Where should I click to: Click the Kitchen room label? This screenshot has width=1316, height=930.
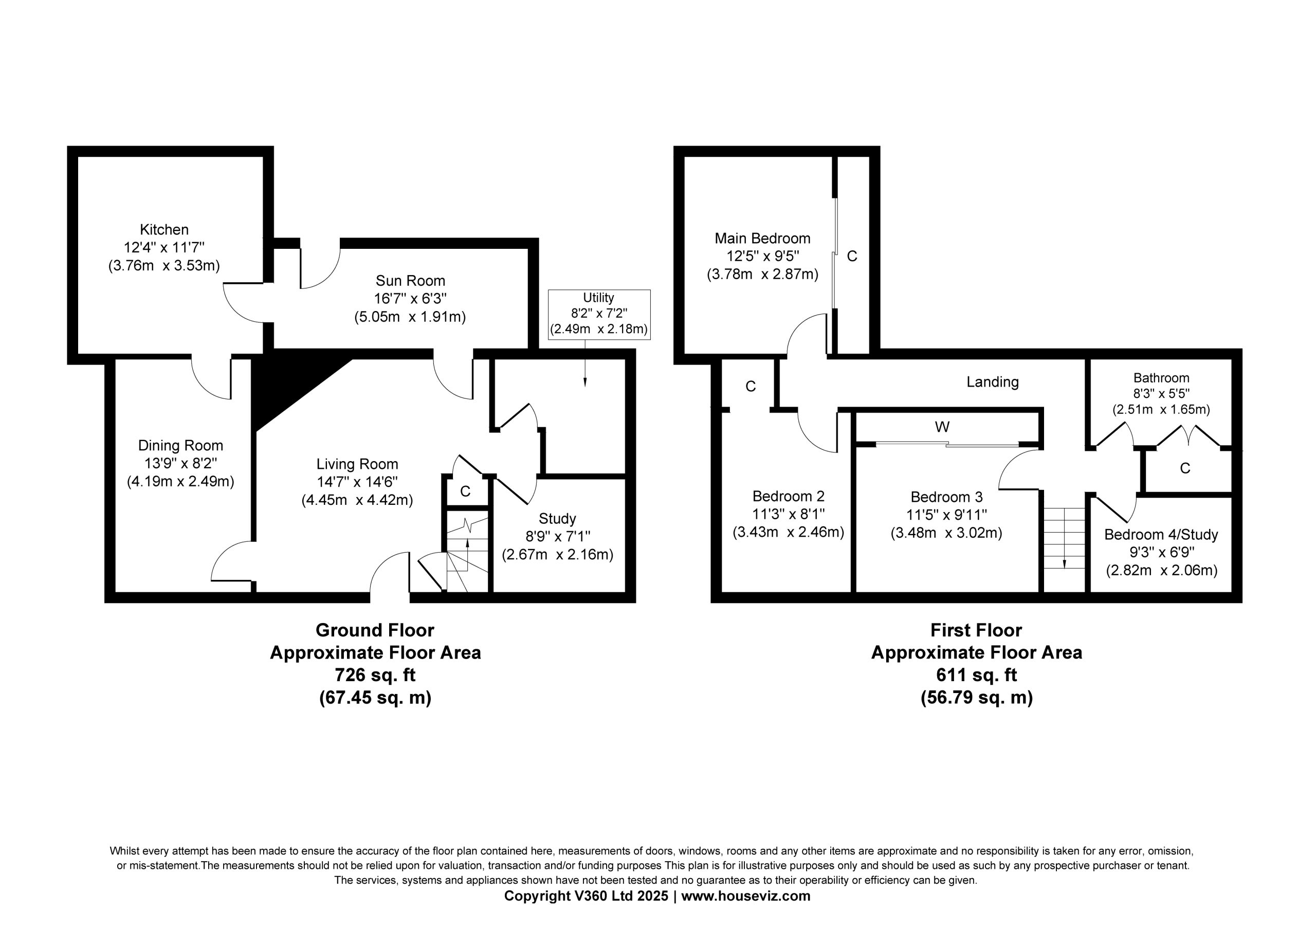pyautogui.click(x=164, y=229)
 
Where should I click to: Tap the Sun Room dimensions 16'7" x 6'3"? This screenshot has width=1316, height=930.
pyautogui.click(x=410, y=299)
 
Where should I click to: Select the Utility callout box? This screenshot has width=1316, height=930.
pyautogui.click(x=599, y=314)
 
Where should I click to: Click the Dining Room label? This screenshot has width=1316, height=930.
pyautogui.click(x=180, y=446)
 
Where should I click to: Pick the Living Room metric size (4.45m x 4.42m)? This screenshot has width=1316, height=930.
pyautogui.click(x=357, y=500)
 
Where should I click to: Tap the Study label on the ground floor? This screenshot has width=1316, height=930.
pyautogui.click(x=557, y=519)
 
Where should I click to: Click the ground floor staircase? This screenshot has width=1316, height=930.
pyautogui.click(x=467, y=554)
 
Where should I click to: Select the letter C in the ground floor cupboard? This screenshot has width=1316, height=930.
pyautogui.click(x=465, y=491)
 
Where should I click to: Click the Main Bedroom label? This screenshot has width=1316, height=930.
pyautogui.click(x=762, y=238)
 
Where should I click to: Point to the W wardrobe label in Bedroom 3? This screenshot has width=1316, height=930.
pyautogui.click(x=942, y=427)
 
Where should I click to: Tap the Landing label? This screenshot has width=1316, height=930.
pyautogui.click(x=993, y=382)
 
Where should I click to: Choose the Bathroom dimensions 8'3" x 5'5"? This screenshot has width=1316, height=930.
pyautogui.click(x=1161, y=394)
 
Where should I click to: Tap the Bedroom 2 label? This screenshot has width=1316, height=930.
pyautogui.click(x=788, y=496)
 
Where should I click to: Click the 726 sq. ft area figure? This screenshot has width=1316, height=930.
pyautogui.click(x=375, y=675)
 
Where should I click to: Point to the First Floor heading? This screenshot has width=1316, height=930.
pyautogui.click(x=976, y=630)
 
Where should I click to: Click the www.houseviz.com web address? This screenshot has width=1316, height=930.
pyautogui.click(x=746, y=896)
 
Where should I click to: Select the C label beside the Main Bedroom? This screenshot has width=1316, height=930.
pyautogui.click(x=852, y=257)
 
